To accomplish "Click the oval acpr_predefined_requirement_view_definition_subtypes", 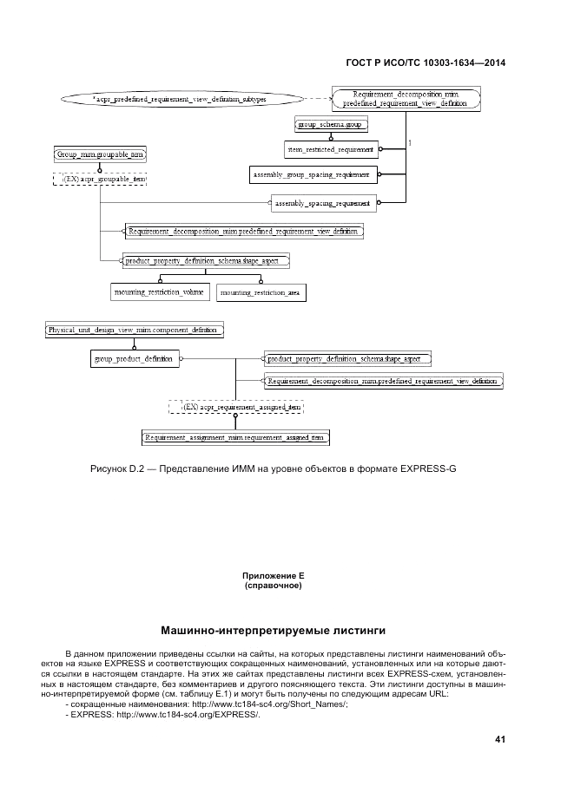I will [180, 101].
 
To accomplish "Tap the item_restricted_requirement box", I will [330, 149].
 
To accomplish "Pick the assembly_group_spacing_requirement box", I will [312, 175].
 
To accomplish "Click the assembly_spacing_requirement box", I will [323, 204].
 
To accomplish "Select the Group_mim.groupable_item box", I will [100, 154].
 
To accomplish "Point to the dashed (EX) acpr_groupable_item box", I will [100, 179].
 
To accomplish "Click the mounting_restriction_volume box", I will [159, 292].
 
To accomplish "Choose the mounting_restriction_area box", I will [261, 293].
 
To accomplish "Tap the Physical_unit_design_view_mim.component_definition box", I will [135, 331].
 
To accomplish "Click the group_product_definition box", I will [135, 358].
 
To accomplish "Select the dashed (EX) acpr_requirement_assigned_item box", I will [236, 406].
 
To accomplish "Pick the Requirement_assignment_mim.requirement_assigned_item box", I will [236, 438].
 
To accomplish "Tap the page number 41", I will [499, 740].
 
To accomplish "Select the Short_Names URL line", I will [207, 704].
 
